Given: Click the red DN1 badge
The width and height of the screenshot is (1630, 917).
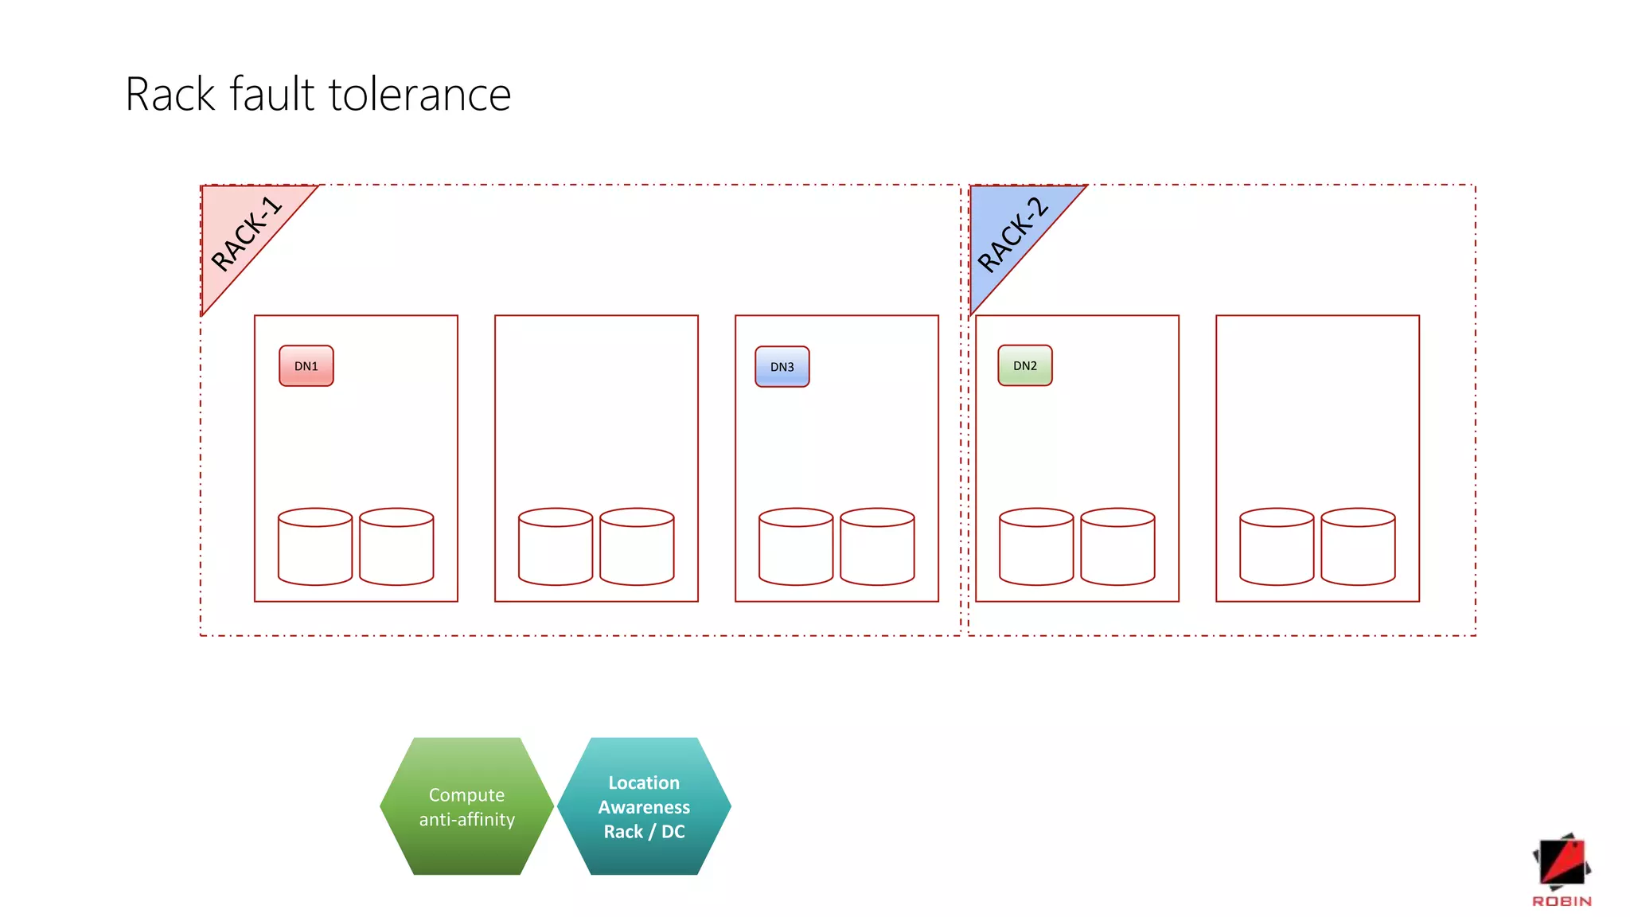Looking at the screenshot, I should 306,366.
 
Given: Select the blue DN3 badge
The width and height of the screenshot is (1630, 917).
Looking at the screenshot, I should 782,367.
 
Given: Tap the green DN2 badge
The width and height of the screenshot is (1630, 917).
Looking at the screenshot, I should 1024,366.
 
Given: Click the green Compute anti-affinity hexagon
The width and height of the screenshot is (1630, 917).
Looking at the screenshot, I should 466,806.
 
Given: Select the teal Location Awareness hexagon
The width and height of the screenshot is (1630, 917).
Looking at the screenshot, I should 644,806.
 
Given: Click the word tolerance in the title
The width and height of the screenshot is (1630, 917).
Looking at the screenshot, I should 419,95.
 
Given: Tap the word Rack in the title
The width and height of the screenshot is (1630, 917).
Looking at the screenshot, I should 170,95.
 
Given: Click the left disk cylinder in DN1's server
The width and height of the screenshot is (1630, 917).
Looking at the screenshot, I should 315,547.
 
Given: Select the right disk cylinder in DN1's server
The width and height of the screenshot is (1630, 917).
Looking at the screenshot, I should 396,547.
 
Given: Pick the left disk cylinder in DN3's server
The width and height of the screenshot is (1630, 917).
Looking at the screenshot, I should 796,547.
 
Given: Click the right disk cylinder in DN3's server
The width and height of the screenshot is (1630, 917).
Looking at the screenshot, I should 877,547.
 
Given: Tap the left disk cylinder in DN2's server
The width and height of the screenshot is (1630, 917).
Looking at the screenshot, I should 1036,547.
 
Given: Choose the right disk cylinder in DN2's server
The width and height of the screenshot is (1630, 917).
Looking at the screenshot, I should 1117,547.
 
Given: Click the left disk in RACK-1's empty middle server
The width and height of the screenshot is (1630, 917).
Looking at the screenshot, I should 556,547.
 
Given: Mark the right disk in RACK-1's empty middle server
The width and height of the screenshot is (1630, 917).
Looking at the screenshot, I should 637,547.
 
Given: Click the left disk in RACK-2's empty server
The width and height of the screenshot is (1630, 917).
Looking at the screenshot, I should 1277,547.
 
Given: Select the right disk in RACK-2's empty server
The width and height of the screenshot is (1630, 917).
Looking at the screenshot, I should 1358,547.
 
